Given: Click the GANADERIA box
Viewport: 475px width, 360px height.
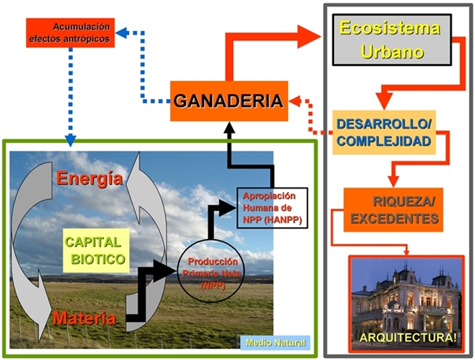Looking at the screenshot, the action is point(229,101).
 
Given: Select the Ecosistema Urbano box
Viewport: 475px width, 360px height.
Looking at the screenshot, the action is point(392,39).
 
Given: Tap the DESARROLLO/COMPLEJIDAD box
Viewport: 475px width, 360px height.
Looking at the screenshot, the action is point(384,132).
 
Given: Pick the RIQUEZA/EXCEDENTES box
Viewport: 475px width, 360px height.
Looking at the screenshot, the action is point(393,210).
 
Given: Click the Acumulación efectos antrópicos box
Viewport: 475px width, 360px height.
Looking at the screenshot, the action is point(71,33).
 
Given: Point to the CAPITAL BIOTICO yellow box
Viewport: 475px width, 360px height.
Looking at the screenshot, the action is point(96,251).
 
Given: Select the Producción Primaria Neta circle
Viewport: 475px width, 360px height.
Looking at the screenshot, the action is point(209,271).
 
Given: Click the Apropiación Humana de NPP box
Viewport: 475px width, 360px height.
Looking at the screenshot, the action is point(272,208).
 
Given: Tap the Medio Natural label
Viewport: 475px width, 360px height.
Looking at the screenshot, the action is point(275,343).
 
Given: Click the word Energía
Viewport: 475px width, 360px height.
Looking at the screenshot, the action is point(90,178).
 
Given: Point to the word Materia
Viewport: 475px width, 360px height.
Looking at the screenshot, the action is point(85,318).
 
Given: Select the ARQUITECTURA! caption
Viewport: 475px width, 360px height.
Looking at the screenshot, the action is point(407,338).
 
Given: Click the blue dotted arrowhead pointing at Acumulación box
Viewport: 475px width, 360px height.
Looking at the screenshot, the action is point(122,33).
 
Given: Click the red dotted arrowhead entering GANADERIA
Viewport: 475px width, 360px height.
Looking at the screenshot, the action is point(295,101).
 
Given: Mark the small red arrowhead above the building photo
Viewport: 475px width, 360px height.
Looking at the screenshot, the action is point(407,252).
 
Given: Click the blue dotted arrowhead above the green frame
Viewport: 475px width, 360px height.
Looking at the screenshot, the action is point(71,140).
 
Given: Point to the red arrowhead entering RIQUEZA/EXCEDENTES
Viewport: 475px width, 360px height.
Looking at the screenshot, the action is point(393,182).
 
